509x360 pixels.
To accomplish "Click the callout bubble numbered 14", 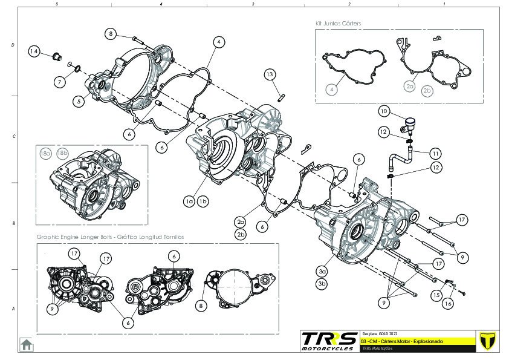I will (x=34, y=51).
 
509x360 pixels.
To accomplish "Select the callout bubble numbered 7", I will (x=60, y=82).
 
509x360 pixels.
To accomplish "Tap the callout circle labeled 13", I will (x=270, y=74).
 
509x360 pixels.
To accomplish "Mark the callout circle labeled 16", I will (x=449, y=303).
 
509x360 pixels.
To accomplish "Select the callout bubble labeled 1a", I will (x=189, y=200).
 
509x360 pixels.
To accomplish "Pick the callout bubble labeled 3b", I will (x=322, y=283).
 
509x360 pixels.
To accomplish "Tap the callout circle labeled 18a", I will (x=46, y=154).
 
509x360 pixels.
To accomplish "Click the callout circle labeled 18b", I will (x=62, y=154).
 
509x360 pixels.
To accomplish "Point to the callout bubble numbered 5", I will (x=79, y=102).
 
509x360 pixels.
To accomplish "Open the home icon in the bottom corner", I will (x=27, y=344).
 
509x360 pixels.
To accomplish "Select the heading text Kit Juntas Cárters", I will (x=338, y=23).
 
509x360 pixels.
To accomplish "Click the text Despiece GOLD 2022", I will (x=380, y=334).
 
